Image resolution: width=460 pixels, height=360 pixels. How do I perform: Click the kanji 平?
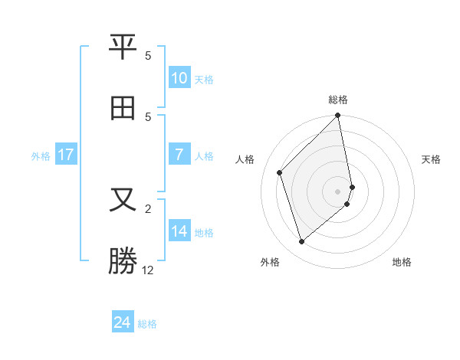tap(123, 47)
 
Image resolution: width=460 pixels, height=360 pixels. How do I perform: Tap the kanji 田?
tap(123, 108)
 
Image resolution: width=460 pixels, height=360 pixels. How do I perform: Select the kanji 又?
tap(123, 200)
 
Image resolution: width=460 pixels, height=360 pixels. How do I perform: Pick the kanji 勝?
tap(123, 260)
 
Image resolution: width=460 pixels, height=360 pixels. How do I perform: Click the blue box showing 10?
tap(179, 78)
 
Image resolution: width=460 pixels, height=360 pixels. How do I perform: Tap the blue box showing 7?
tap(179, 155)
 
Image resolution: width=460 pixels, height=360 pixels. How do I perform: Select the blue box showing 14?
tap(179, 231)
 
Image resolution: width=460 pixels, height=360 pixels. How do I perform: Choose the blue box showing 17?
tap(65, 155)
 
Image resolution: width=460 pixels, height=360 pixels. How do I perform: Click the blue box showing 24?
tap(123, 322)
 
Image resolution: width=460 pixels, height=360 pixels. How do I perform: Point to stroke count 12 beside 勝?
tap(148, 270)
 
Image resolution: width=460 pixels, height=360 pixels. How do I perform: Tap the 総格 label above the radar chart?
tap(338, 100)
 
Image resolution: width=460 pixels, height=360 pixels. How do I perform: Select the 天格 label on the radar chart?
tap(432, 159)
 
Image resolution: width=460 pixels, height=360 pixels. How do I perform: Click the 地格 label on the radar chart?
tap(402, 262)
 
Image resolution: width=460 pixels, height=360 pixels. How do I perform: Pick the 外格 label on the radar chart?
tap(270, 262)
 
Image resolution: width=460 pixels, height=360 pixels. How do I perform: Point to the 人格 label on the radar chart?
tap(245, 159)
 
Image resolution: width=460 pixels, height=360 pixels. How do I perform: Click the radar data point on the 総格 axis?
tap(338, 116)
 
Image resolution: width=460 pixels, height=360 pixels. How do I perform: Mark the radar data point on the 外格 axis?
tap(301, 242)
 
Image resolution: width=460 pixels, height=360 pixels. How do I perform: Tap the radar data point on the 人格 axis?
tap(280, 172)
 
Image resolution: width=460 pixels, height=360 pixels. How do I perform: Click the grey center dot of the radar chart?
tap(338, 191)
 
